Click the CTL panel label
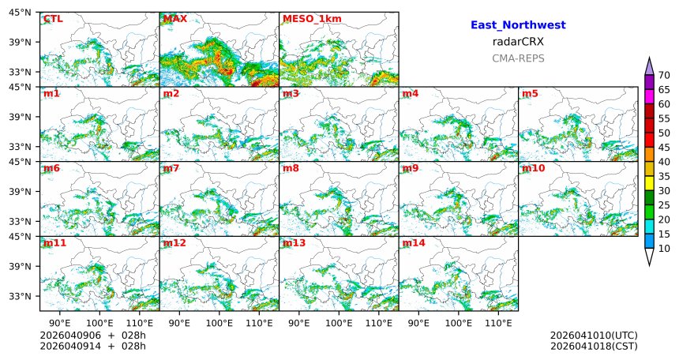tap(53, 19)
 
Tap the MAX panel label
tap(174, 19)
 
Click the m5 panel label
tap(530, 94)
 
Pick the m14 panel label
tap(413, 243)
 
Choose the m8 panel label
tap(291, 169)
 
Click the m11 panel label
tap(54, 243)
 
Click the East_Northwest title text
tap(518, 25)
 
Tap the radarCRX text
tap(518, 42)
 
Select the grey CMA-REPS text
tap(518, 58)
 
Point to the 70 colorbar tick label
tap(664, 75)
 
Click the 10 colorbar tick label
tap(664, 249)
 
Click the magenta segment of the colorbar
tap(649, 96)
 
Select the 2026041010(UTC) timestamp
tap(594, 336)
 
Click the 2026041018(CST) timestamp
tap(594, 346)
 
